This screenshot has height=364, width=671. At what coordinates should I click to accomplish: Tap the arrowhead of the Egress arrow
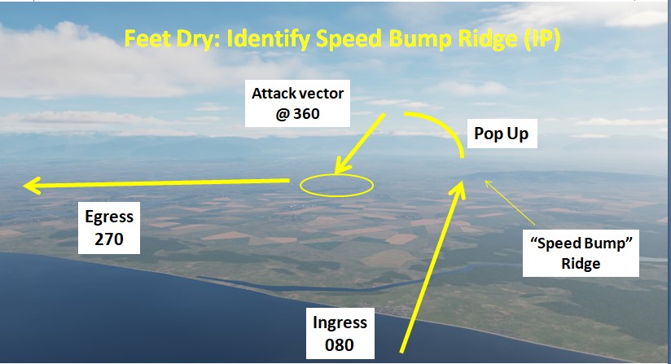click(x=32, y=186)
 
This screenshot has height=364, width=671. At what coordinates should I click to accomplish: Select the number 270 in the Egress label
click(x=109, y=239)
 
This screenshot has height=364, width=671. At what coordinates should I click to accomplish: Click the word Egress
click(x=109, y=217)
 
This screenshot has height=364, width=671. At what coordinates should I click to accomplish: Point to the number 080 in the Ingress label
click(x=340, y=344)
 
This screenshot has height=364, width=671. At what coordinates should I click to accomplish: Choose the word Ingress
click(x=340, y=322)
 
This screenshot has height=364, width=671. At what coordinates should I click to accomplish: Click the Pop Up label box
click(x=502, y=134)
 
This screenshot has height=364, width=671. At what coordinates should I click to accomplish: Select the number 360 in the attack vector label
click(x=306, y=114)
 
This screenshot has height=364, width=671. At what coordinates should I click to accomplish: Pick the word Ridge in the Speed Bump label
click(x=581, y=264)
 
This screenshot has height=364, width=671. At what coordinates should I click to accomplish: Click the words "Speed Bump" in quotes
click(x=581, y=243)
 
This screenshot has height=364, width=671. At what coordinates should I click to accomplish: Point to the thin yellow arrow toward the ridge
click(x=510, y=203)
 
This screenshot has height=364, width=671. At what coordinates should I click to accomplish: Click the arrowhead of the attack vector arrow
click(x=341, y=165)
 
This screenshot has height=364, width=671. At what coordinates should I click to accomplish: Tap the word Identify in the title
click(x=269, y=39)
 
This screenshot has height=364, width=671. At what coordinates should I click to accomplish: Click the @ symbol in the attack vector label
click(x=283, y=114)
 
